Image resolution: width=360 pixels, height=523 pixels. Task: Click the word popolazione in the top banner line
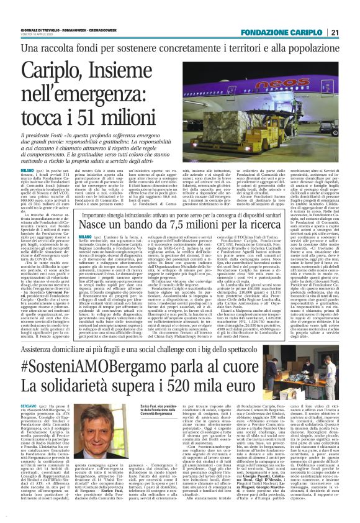tap(313, 48)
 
